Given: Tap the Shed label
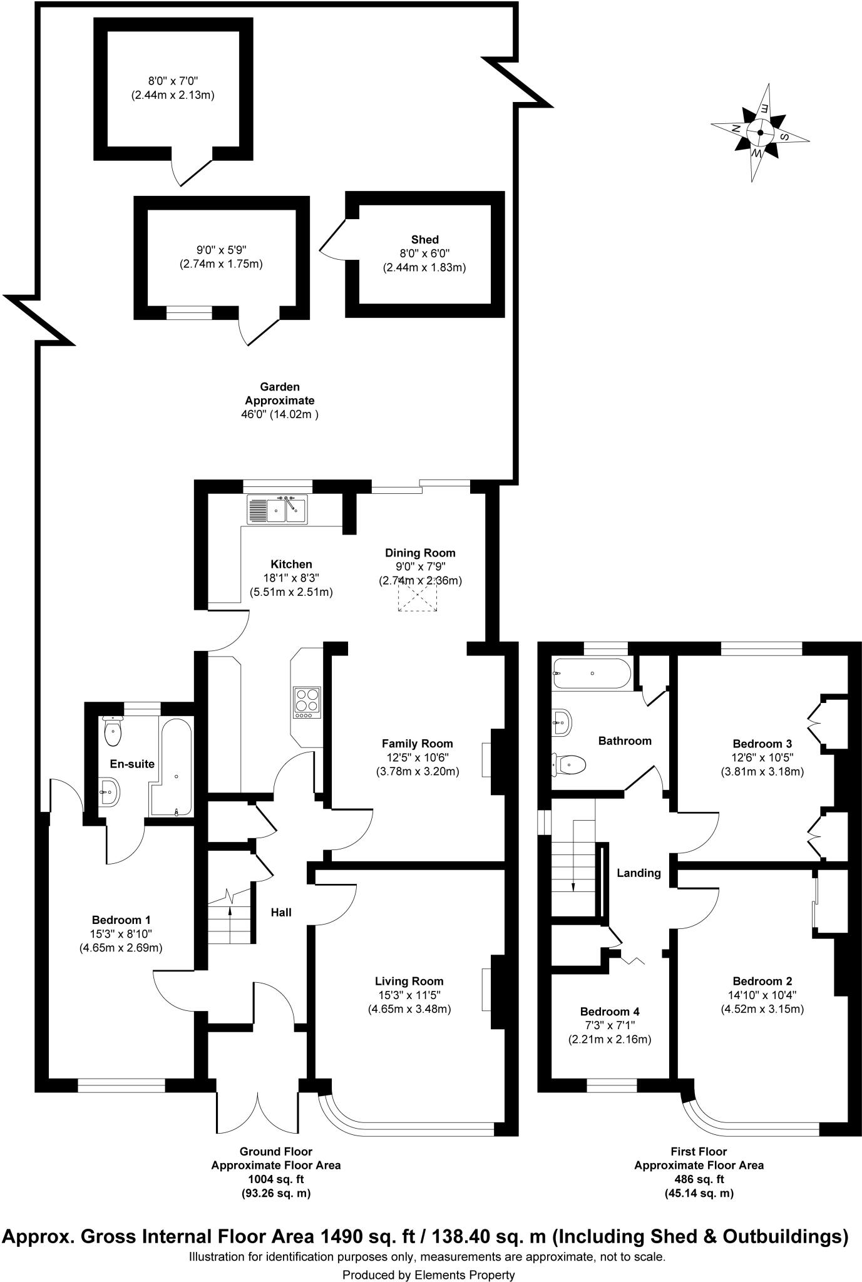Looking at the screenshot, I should click(424, 239).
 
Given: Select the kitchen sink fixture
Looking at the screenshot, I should click(277, 508).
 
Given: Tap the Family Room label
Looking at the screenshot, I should click(418, 744).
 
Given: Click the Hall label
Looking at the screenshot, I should click(281, 913).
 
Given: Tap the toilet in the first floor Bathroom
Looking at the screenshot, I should click(570, 764).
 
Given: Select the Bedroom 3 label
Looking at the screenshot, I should click(762, 744).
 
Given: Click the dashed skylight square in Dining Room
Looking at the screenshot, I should click(418, 594).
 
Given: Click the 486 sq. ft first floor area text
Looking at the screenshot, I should click(699, 1179).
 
